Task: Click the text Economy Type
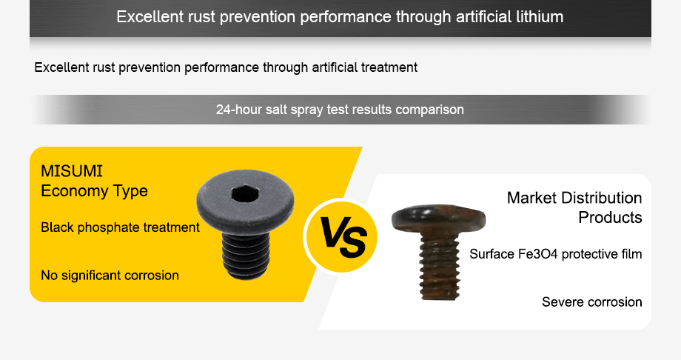pos(94,191)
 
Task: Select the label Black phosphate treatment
pos(120,227)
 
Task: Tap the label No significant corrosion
pos(110,276)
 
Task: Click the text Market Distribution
pos(574,198)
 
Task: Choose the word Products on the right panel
pos(610,218)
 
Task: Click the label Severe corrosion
pos(591,302)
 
